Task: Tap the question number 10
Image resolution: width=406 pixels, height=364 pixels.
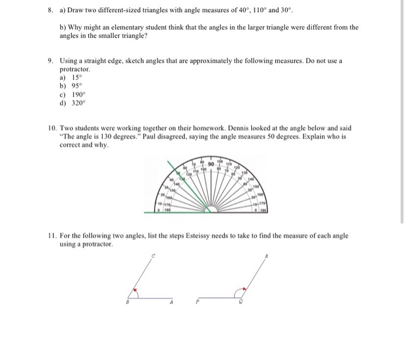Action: tap(52, 128)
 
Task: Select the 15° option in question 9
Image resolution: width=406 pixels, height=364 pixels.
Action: tap(77, 77)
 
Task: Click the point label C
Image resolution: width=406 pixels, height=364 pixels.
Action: tap(153, 257)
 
